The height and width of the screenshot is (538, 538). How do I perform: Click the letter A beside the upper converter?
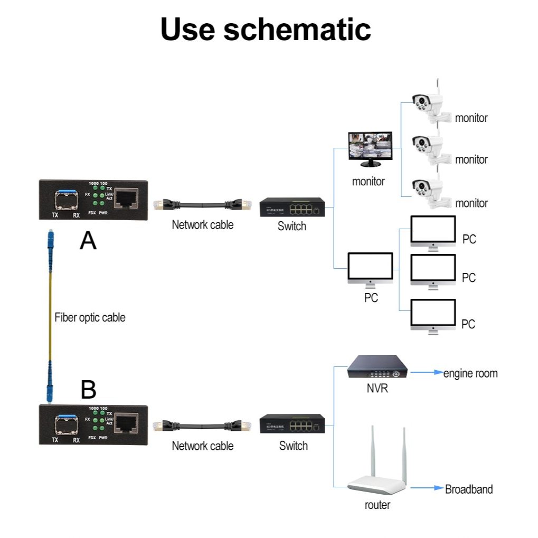(88, 241)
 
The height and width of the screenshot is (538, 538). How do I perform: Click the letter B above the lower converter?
(88, 390)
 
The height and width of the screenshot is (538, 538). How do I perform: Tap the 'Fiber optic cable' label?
(90, 317)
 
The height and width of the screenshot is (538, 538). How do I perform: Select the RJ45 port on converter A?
(126, 199)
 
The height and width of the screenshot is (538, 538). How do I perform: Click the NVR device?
(377, 366)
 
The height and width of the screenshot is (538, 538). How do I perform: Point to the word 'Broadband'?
(469, 489)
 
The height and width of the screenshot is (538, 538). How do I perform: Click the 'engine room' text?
(470, 373)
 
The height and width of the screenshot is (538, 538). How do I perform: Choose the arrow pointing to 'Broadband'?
(427, 488)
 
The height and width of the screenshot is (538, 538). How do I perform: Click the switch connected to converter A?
(291, 207)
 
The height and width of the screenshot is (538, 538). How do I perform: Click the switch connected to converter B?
(292, 424)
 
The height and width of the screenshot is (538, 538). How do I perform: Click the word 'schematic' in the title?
(297, 29)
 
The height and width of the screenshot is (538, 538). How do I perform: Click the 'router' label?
(377, 505)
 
